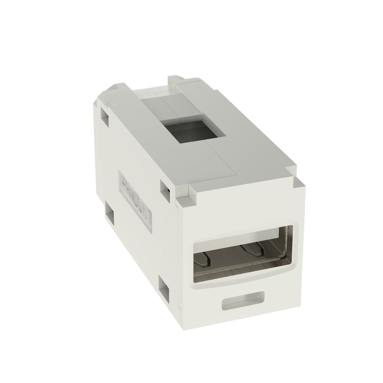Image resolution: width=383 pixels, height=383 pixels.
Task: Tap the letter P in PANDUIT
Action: pos(123,182)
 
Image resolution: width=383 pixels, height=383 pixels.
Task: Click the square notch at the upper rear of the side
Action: pos(104,117)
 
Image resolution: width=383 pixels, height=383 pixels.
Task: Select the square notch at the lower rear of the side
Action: pos(110,213)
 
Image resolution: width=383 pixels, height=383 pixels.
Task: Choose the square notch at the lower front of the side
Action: pos(163,287)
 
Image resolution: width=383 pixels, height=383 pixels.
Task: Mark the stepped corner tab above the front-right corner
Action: pos(298,183)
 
